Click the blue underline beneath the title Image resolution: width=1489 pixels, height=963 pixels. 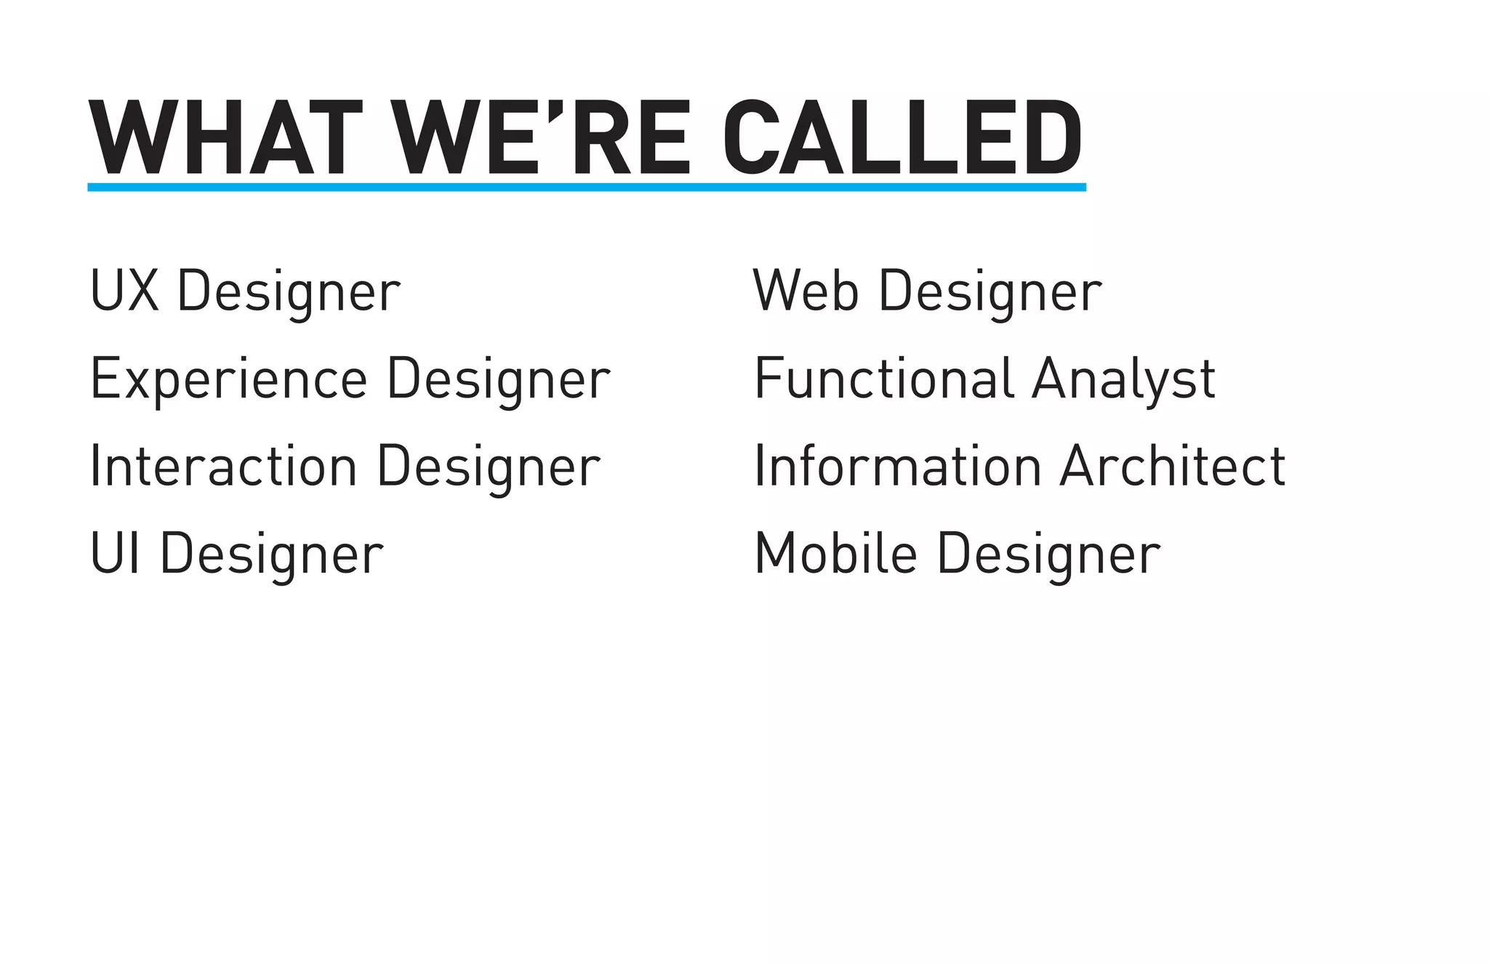[x=586, y=188]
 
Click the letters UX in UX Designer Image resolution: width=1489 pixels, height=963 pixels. [x=124, y=291]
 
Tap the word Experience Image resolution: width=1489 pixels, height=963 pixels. [x=229, y=379]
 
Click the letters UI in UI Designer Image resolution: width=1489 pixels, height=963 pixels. [x=115, y=554]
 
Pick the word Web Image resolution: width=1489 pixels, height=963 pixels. [x=806, y=291]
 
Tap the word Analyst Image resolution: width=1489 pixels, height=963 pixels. [x=1123, y=379]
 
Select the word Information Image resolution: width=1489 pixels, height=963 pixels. [x=899, y=467]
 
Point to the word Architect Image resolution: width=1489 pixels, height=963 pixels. [x=1173, y=467]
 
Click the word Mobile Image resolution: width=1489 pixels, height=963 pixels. [x=836, y=554]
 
